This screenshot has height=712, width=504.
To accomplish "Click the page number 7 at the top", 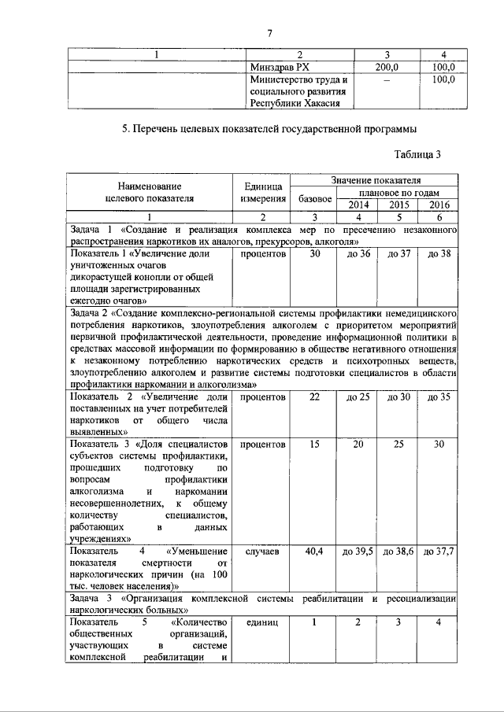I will coord(269,32).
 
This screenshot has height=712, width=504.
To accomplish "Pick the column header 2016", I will coord(439,205).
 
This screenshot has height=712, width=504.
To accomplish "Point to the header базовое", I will coord(314,198).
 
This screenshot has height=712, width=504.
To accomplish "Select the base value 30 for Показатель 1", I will coord(314,254).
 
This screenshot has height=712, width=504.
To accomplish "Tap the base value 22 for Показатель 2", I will coord(314,397).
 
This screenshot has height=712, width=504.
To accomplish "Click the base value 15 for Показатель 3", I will coord(314,445).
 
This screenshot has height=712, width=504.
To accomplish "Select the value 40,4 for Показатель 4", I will coord(314,552).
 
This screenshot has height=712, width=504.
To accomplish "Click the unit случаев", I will coord(262,552).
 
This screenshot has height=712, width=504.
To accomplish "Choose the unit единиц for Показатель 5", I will coord(262,623).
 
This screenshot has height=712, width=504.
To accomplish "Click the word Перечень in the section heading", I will coord(167,127).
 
